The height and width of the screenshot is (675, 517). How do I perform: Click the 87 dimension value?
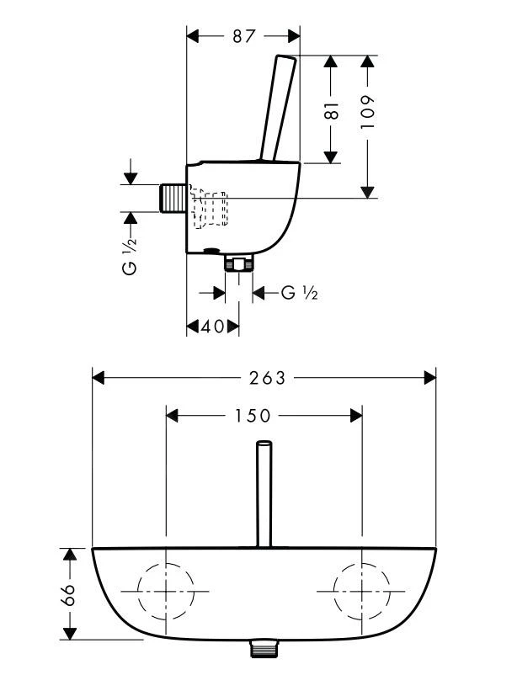tap(243, 36)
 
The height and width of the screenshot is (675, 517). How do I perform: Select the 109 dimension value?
tap(367, 110)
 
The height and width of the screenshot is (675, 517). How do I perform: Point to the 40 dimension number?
tap(214, 326)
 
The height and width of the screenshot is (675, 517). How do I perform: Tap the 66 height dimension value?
tap(69, 594)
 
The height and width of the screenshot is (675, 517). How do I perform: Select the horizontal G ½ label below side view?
tap(299, 293)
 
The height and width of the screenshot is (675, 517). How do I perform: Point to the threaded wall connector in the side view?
tap(173, 199)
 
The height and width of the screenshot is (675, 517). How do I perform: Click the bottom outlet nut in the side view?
tap(240, 263)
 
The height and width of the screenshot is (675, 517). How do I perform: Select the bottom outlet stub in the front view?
tap(264, 649)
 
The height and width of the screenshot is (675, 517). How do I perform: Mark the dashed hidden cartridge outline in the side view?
tap(210, 210)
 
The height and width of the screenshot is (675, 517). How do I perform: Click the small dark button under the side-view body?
tap(210, 250)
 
